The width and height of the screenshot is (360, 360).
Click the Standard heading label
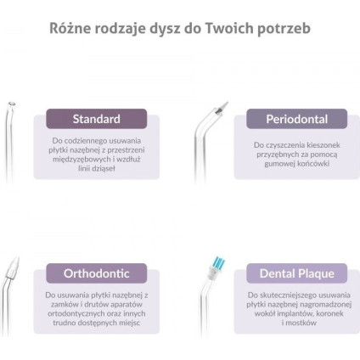tap(96, 119)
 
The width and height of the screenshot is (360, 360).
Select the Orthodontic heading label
tap(96, 273)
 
